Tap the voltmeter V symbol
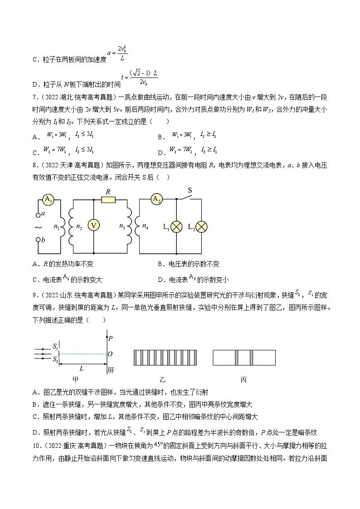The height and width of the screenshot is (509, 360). pyautogui.click(x=93, y=225)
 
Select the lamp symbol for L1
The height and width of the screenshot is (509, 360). pyautogui.click(x=175, y=226)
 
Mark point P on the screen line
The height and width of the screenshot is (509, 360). pyautogui.click(x=107, y=338)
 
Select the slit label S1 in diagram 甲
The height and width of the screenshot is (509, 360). pyautogui.click(x=55, y=347)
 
